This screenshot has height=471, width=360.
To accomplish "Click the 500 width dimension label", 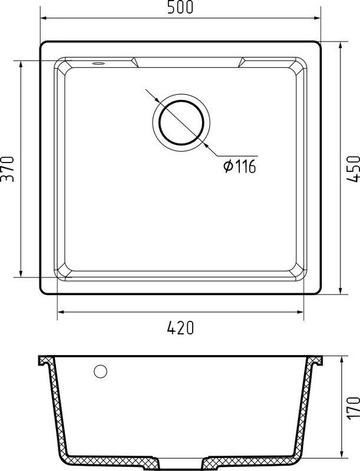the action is [x=180, y=7].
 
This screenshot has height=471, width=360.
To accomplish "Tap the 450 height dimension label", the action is [x=353, y=169].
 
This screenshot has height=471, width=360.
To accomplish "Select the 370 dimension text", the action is [x=7, y=169].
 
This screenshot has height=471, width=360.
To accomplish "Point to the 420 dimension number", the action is [x=180, y=328].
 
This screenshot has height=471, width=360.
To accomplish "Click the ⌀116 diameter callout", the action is [x=239, y=166].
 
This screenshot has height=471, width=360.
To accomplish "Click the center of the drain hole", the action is [x=181, y=122].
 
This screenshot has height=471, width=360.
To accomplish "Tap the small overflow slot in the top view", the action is [x=98, y=64].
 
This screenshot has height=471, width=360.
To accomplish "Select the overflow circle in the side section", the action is [x=100, y=372].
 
